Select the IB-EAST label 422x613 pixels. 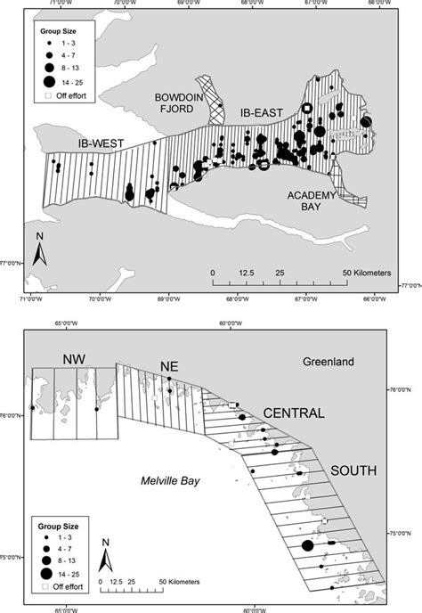(261, 113)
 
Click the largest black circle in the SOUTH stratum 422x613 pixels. (307, 546)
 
